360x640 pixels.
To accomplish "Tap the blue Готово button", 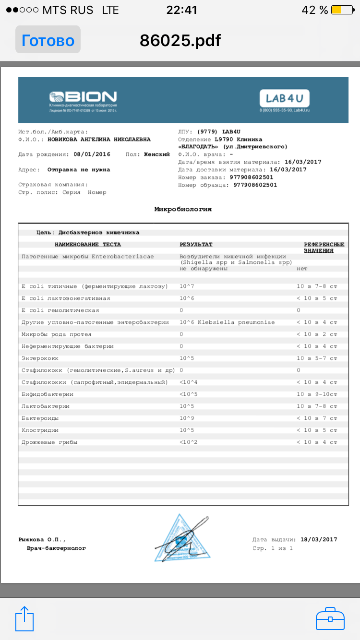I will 48,40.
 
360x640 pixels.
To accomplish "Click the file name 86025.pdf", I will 180,40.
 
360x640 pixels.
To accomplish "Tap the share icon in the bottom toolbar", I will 24,619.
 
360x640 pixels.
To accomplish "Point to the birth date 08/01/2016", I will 92,154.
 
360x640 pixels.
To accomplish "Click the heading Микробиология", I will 182,209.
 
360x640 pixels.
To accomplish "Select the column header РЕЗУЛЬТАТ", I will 196,245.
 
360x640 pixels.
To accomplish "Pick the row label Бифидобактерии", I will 48,394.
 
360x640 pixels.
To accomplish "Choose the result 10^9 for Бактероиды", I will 187,418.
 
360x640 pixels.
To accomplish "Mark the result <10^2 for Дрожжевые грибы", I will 189,442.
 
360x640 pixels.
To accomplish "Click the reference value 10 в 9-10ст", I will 317,394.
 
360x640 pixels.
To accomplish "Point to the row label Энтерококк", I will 40,358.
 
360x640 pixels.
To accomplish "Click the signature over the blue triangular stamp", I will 182,540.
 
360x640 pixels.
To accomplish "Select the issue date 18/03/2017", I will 319,540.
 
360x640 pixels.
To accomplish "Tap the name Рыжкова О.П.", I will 42,540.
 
